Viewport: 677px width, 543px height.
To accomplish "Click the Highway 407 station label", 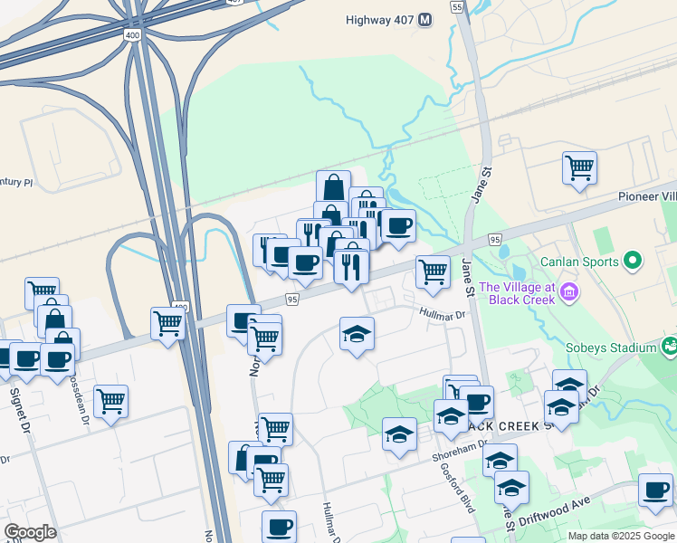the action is pyautogui.click(x=379, y=19).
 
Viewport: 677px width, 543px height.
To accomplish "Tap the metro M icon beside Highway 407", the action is pyautogui.click(x=426, y=19).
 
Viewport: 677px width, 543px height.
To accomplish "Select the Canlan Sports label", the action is pyautogui.click(x=578, y=262).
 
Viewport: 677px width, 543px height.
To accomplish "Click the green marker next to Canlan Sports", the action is pyautogui.click(x=632, y=262).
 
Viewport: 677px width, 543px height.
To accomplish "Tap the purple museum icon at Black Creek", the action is pyautogui.click(x=567, y=292).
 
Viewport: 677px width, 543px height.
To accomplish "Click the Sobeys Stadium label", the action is pyautogui.click(x=612, y=348).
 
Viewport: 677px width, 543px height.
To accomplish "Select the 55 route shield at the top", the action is pyautogui.click(x=456, y=6).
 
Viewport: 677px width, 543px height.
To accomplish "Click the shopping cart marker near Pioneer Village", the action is pyautogui.click(x=579, y=167).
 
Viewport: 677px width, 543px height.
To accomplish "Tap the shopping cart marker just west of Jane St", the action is pyautogui.click(x=434, y=271).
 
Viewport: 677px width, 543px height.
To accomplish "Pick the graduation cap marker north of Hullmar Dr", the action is pyautogui.click(x=358, y=334).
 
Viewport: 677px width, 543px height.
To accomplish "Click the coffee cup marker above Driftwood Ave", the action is pyautogui.click(x=655, y=490).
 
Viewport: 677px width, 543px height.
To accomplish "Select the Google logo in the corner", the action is pyautogui.click(x=30, y=532).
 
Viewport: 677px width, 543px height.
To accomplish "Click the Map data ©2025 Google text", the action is pyautogui.click(x=620, y=536).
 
